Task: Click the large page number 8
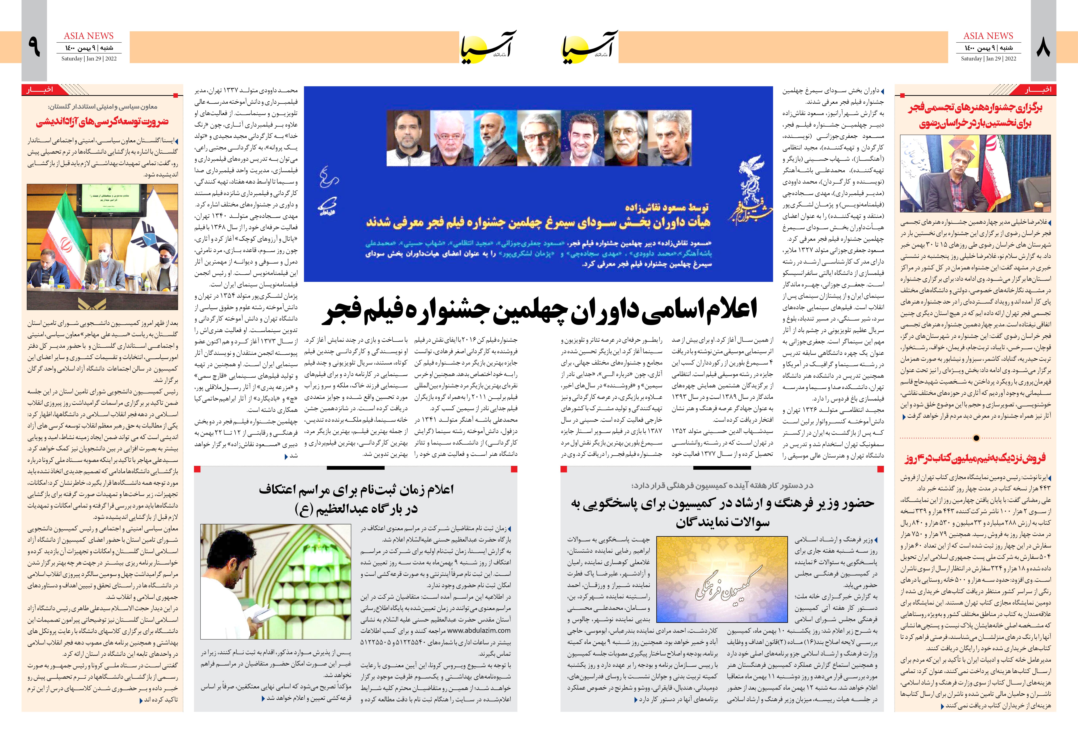click(1043, 47)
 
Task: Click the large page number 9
click(34, 47)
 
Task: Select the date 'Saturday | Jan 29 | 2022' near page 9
click(89, 59)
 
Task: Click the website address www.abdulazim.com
click(479, 630)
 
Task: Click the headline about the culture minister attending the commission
click(722, 512)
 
